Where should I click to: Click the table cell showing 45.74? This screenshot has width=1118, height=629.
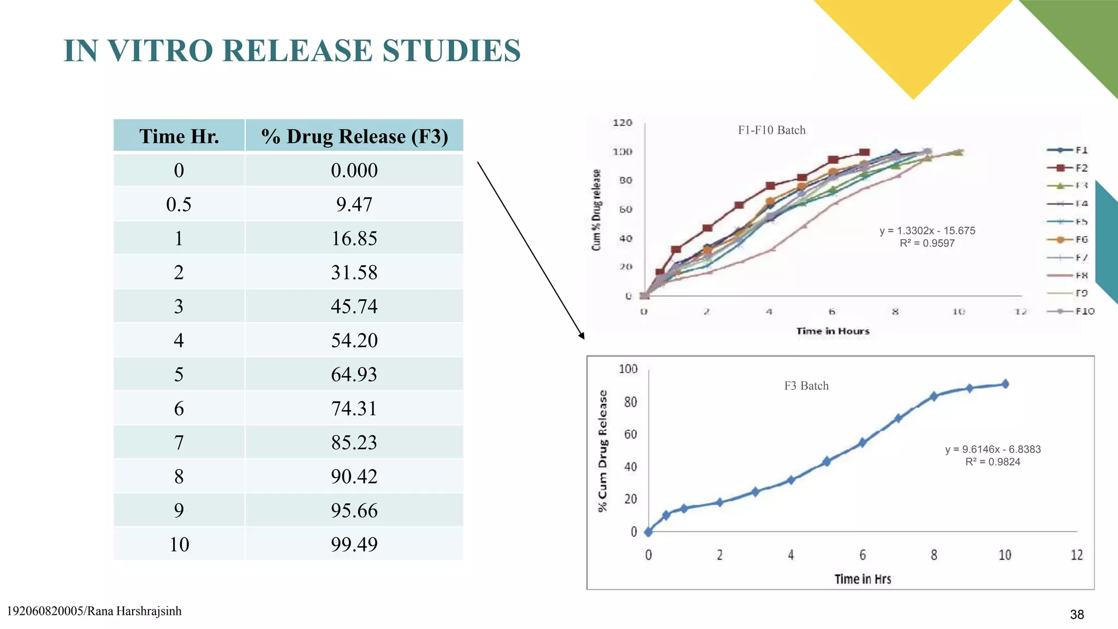[x=354, y=306]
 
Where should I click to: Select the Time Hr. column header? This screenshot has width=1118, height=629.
[x=179, y=136]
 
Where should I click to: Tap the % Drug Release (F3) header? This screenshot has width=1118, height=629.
[x=354, y=136]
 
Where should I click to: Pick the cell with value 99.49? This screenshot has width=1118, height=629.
[x=354, y=544]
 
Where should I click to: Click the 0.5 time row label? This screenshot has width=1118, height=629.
[x=179, y=204]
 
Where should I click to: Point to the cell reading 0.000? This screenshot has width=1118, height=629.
[x=354, y=170]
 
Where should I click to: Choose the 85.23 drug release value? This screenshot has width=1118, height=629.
[x=354, y=442]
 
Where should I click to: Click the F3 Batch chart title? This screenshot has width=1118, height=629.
[x=806, y=386]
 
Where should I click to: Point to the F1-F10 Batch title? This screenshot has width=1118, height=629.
[x=771, y=130]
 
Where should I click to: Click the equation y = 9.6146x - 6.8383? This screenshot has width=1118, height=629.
[x=992, y=449]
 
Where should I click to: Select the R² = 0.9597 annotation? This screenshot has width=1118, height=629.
[x=927, y=244]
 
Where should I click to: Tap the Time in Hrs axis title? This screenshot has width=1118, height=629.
[x=863, y=579]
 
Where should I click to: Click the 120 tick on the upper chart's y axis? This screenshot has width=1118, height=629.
[x=622, y=123]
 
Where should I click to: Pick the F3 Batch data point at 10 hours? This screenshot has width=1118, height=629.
[x=1005, y=384]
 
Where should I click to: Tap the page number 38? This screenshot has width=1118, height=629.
[x=1077, y=615]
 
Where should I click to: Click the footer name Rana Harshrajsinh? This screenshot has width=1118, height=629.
[x=134, y=612]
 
